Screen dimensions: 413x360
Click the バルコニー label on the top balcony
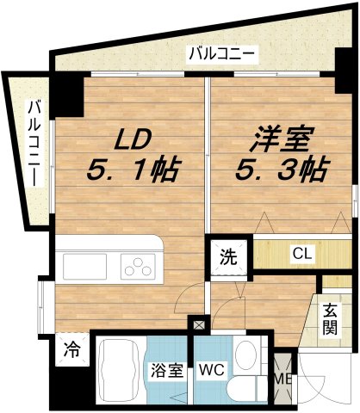coord(222,54)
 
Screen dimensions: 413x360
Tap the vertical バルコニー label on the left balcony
coord(34,143)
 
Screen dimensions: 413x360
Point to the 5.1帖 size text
coord(132,170)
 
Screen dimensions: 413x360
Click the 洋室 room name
coord(282,139)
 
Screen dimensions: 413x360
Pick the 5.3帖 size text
coord(281,170)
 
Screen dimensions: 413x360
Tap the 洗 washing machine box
coord(229,256)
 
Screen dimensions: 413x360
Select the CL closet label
coord(301,254)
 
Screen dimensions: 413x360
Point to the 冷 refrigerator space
coord(72,350)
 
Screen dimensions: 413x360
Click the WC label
coord(211,372)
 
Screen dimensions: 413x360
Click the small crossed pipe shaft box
coord(199,325)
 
